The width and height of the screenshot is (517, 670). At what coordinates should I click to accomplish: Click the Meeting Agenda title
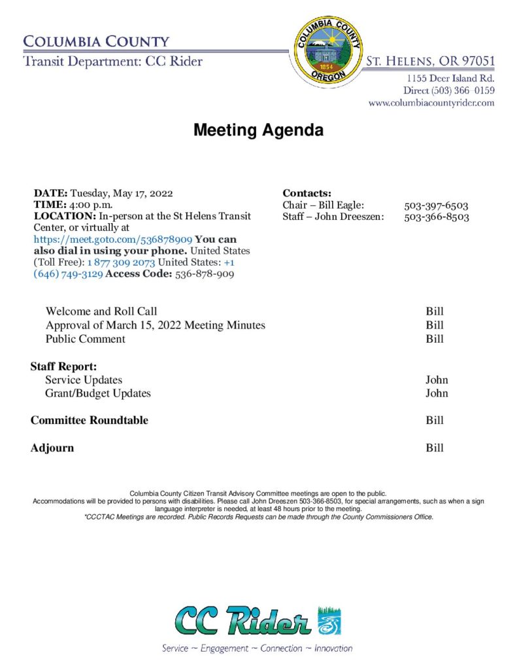coord(258,130)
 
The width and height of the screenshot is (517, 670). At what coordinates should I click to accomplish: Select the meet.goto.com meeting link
coord(113,239)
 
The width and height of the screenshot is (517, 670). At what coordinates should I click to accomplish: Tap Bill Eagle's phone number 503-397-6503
coord(436,205)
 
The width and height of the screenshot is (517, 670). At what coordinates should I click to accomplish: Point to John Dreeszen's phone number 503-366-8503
coord(436,217)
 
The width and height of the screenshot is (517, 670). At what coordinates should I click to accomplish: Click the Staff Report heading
coord(63,366)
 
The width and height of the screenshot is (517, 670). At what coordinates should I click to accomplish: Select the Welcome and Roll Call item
coord(101,311)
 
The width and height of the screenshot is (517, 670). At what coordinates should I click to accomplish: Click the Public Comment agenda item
coord(86,339)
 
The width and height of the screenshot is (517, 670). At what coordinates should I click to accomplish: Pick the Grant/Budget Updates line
coord(97,393)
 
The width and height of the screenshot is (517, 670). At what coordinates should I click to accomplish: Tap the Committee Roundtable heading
coord(90,421)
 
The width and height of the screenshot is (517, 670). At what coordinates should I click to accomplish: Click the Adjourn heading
coord(52,448)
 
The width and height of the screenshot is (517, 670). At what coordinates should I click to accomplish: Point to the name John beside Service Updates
coord(437,379)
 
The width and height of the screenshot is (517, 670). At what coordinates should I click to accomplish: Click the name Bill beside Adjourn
coord(435,448)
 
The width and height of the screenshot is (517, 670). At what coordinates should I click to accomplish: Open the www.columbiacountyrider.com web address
coord(431,103)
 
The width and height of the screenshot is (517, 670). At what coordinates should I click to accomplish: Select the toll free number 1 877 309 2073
coord(126,262)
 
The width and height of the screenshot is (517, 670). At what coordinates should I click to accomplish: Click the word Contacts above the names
coord(307,193)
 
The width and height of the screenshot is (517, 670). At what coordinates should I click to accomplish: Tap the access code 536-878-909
coord(205,274)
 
